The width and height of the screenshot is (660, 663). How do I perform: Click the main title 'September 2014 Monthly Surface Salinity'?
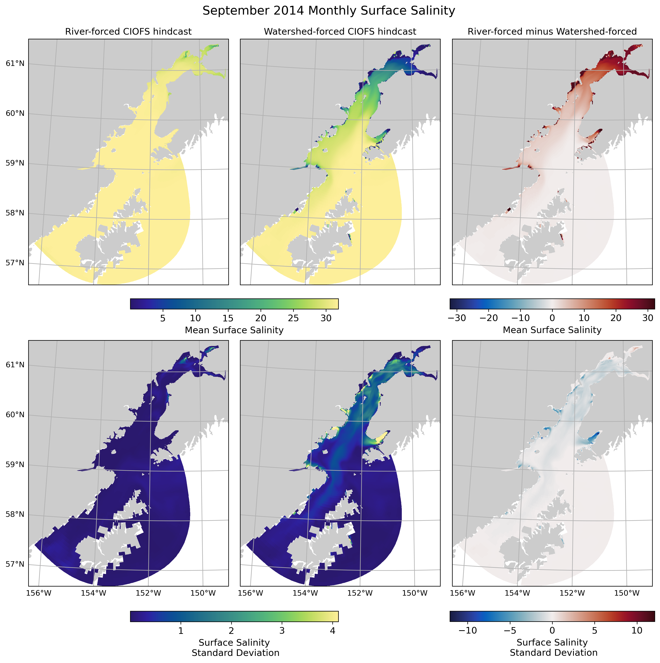329,11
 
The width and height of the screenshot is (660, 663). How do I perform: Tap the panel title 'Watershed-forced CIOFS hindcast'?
340,32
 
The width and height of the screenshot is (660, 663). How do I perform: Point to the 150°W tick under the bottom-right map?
627,593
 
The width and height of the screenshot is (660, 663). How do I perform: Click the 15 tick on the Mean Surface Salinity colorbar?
228,318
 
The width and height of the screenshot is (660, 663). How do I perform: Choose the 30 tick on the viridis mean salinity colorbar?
326,318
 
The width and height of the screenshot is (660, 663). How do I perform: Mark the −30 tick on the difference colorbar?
457,318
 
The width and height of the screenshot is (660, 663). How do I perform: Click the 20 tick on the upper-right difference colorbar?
616,318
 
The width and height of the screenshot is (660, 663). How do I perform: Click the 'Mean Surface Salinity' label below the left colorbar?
234,330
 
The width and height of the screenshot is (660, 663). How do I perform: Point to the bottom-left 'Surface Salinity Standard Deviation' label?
235,648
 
